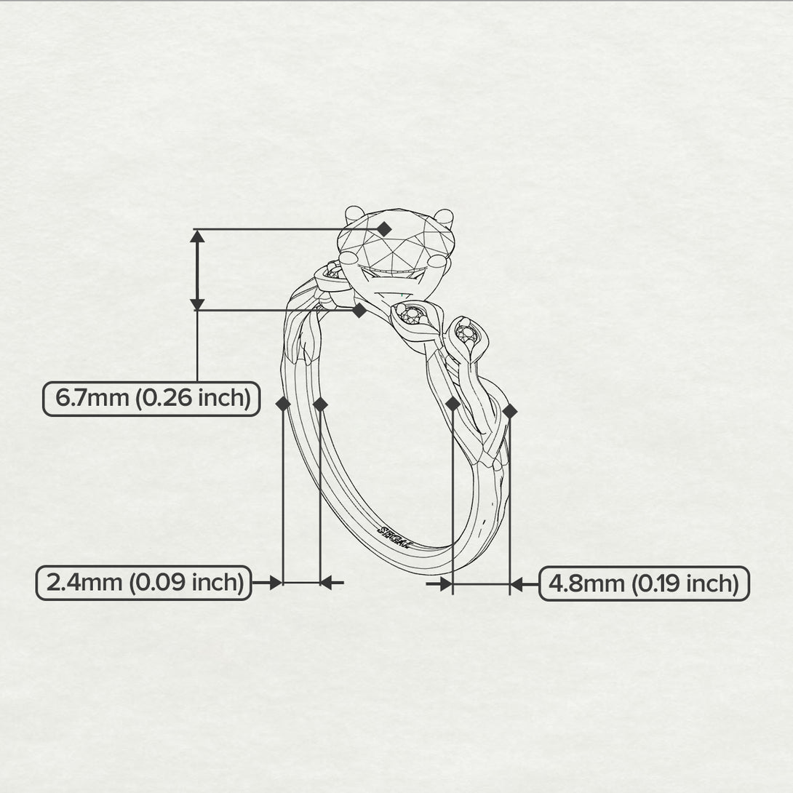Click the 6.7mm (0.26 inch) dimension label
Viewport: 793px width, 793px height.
(x=151, y=399)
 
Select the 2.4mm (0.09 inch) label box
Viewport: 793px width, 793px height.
(x=143, y=583)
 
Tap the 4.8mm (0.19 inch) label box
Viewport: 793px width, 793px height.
(x=644, y=583)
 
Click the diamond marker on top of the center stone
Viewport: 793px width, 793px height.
(x=385, y=229)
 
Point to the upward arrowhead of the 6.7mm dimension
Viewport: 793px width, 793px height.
(x=197, y=236)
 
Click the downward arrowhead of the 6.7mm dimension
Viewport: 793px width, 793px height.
(x=197, y=303)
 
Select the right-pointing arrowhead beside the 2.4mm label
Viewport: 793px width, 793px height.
(x=276, y=583)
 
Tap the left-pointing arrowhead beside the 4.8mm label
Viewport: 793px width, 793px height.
(x=517, y=585)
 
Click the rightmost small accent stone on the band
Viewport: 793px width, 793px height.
(x=466, y=333)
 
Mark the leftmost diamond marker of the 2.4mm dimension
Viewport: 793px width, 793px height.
(x=283, y=404)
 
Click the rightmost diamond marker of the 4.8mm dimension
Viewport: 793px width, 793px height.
(x=510, y=411)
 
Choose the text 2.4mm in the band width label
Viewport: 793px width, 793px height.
(x=84, y=583)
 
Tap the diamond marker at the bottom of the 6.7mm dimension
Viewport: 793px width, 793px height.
(x=359, y=311)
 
